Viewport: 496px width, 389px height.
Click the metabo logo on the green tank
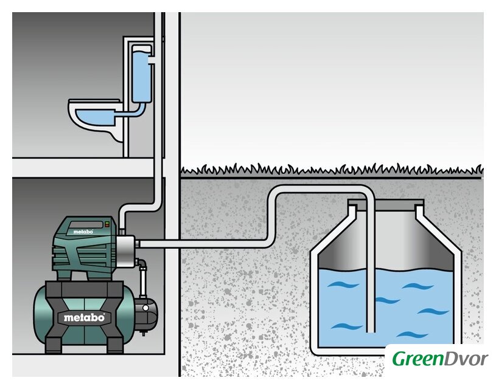pyautogui.click(x=85, y=317)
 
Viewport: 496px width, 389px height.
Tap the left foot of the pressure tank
pyautogui.click(x=54, y=345)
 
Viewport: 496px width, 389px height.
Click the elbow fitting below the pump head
pyautogui.click(x=142, y=265)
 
